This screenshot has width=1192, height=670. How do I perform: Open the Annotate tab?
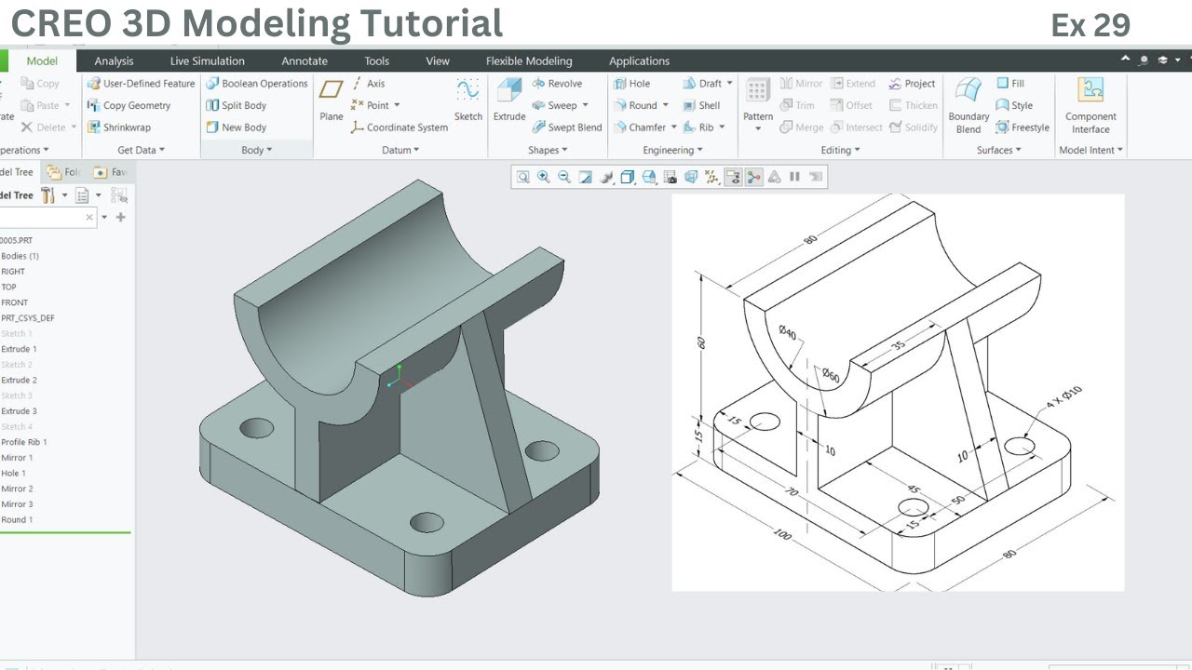tap(305, 61)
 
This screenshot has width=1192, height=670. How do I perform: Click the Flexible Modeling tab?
tap(529, 61)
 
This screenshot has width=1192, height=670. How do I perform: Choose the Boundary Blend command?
tap(968, 104)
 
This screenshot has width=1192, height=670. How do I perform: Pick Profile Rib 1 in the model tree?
tap(23, 442)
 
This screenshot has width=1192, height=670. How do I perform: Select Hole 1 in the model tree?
tap(14, 474)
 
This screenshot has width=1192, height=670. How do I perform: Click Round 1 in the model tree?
tap(17, 520)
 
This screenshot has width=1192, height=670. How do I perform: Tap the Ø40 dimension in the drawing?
tap(787, 332)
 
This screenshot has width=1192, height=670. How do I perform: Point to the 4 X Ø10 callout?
tap(1063, 396)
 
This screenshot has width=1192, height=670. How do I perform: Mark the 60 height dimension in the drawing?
tap(700, 342)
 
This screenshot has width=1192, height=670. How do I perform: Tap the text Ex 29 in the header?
tap(1090, 25)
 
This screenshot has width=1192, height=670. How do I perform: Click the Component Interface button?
tap(1090, 104)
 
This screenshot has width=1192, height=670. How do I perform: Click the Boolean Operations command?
tap(257, 84)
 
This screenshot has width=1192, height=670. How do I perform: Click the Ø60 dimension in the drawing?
tap(830, 376)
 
